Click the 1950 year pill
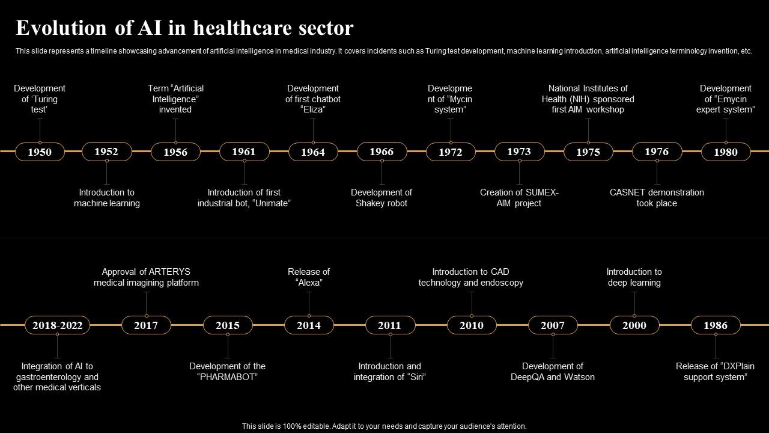point(40,152)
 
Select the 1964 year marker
point(312,152)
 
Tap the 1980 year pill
point(725,152)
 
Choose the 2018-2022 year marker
point(57,325)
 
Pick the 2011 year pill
point(389,325)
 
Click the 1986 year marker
point(715,325)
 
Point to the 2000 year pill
point(634,325)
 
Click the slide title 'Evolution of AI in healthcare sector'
point(184,28)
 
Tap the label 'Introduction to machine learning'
point(107,198)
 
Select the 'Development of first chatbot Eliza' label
point(312,99)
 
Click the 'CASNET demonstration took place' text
point(657,198)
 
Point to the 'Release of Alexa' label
point(309,277)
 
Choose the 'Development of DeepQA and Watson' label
point(553,372)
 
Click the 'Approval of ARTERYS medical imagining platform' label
point(146,277)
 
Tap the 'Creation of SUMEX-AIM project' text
point(519,198)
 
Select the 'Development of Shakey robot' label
point(381,198)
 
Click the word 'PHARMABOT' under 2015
point(227,377)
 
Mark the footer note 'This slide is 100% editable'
point(384,426)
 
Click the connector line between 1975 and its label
point(588,130)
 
